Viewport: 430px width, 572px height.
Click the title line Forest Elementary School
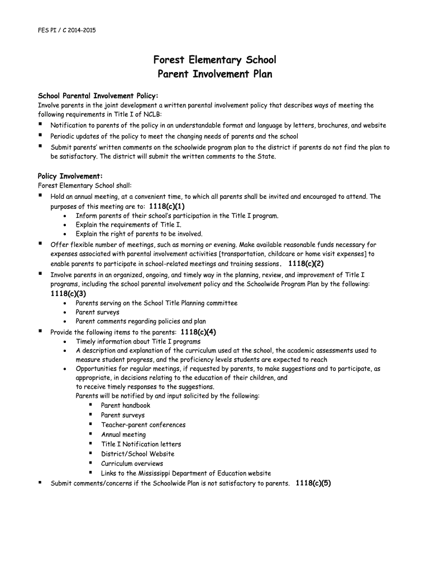point(215,60)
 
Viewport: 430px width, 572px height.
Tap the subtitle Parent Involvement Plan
point(215,74)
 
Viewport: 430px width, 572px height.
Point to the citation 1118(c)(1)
point(167,206)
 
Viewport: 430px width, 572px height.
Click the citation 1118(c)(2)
point(306,264)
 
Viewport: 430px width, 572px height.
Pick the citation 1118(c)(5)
point(313,483)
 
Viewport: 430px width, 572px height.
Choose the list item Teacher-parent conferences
point(143,425)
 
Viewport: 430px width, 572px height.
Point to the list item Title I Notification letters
point(141,444)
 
